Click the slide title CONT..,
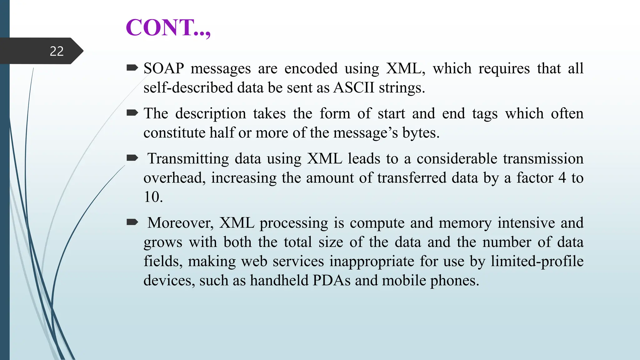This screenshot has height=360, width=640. (168, 28)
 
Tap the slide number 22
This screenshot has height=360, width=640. (57, 51)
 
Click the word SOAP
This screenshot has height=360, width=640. (163, 68)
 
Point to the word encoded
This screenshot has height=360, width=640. (311, 68)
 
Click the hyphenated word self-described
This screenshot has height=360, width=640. (188, 87)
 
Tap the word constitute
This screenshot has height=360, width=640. (174, 133)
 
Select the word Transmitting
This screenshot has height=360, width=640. (188, 159)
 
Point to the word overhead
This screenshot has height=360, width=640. (174, 178)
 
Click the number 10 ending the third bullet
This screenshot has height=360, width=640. (153, 197)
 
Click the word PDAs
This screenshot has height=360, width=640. (331, 280)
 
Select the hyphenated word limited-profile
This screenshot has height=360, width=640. (537, 261)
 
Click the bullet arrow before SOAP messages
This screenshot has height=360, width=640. (132, 68)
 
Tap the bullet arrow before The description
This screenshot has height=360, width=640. (132, 113)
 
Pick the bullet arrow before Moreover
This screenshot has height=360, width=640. (132, 222)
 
